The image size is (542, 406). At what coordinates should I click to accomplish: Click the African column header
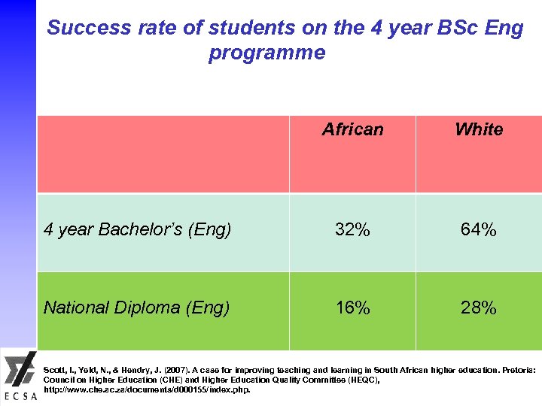[352, 130]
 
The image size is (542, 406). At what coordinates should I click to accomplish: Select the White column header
[479, 130]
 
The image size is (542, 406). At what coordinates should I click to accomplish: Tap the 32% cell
[352, 230]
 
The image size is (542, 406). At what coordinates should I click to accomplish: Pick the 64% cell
[479, 230]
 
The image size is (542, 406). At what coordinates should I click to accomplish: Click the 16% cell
[352, 308]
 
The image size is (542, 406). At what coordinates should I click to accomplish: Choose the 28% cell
[479, 308]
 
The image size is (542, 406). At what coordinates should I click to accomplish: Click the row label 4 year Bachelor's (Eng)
[137, 230]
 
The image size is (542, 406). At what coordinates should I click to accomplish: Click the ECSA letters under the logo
[19, 397]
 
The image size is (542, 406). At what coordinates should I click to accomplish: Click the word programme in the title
[267, 53]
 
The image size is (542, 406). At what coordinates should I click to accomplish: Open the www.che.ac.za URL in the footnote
[147, 390]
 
